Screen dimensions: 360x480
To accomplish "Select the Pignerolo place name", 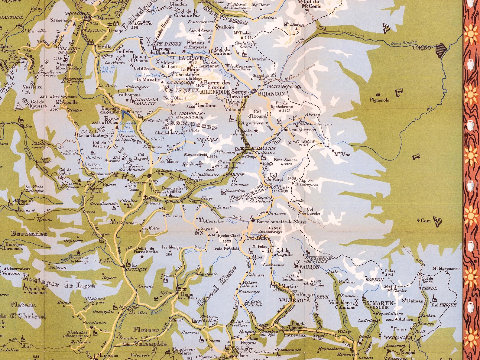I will click(379, 100).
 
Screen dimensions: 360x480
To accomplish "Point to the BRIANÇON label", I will click(271, 94).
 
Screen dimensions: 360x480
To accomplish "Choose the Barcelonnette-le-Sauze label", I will click(281, 222).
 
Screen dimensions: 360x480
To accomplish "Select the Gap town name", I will click(154, 181).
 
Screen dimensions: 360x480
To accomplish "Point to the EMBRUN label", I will click(235, 175).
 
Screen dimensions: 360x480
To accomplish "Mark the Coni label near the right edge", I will click(426, 221).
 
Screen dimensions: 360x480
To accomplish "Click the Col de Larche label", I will click(309, 211).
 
